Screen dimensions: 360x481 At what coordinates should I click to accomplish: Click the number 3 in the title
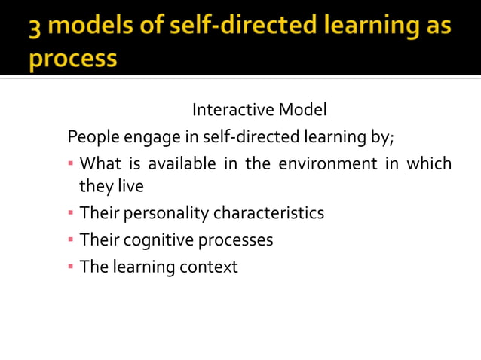pyautogui.click(x=35, y=27)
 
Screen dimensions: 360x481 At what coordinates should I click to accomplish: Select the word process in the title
pyautogui.click(x=73, y=58)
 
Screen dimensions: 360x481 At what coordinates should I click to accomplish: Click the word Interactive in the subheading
pyautogui.click(x=233, y=110)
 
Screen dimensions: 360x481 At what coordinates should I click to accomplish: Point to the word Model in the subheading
pyautogui.click(x=302, y=110)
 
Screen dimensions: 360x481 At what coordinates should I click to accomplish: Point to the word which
pyautogui.click(x=429, y=163)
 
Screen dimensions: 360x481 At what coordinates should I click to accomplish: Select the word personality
pyautogui.click(x=164, y=213)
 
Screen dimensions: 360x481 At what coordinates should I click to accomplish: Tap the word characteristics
pyautogui.click(x=268, y=212)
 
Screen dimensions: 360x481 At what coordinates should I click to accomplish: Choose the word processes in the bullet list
pyautogui.click(x=235, y=240)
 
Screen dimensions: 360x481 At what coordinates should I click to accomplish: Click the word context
pyautogui.click(x=209, y=267)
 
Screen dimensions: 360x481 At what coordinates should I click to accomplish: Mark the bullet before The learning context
pyautogui.click(x=71, y=267)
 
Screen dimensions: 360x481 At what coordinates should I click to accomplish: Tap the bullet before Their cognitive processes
pyautogui.click(x=71, y=239)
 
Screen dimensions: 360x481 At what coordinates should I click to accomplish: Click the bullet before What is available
pyautogui.click(x=71, y=163)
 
